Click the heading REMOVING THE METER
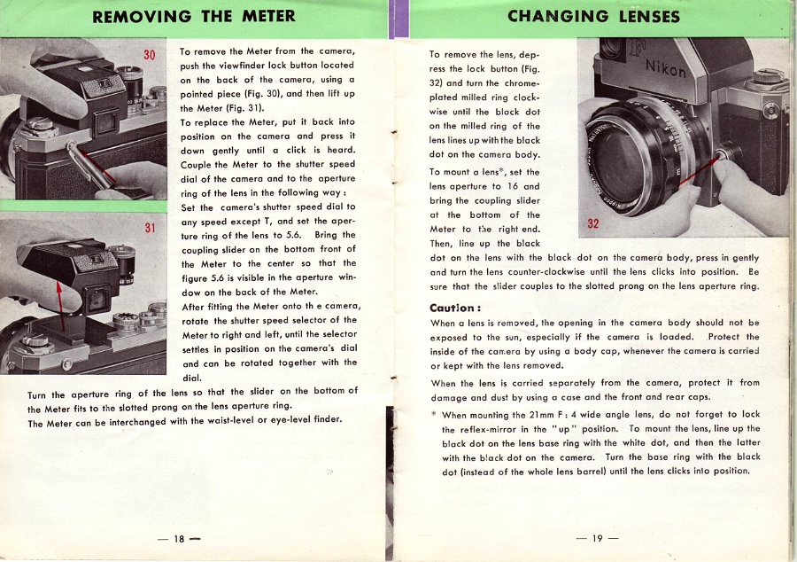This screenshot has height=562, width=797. (x=195, y=16)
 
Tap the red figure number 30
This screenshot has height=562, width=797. (x=149, y=56)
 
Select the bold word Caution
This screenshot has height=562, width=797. (x=454, y=308)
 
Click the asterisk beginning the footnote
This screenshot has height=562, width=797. (x=433, y=414)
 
